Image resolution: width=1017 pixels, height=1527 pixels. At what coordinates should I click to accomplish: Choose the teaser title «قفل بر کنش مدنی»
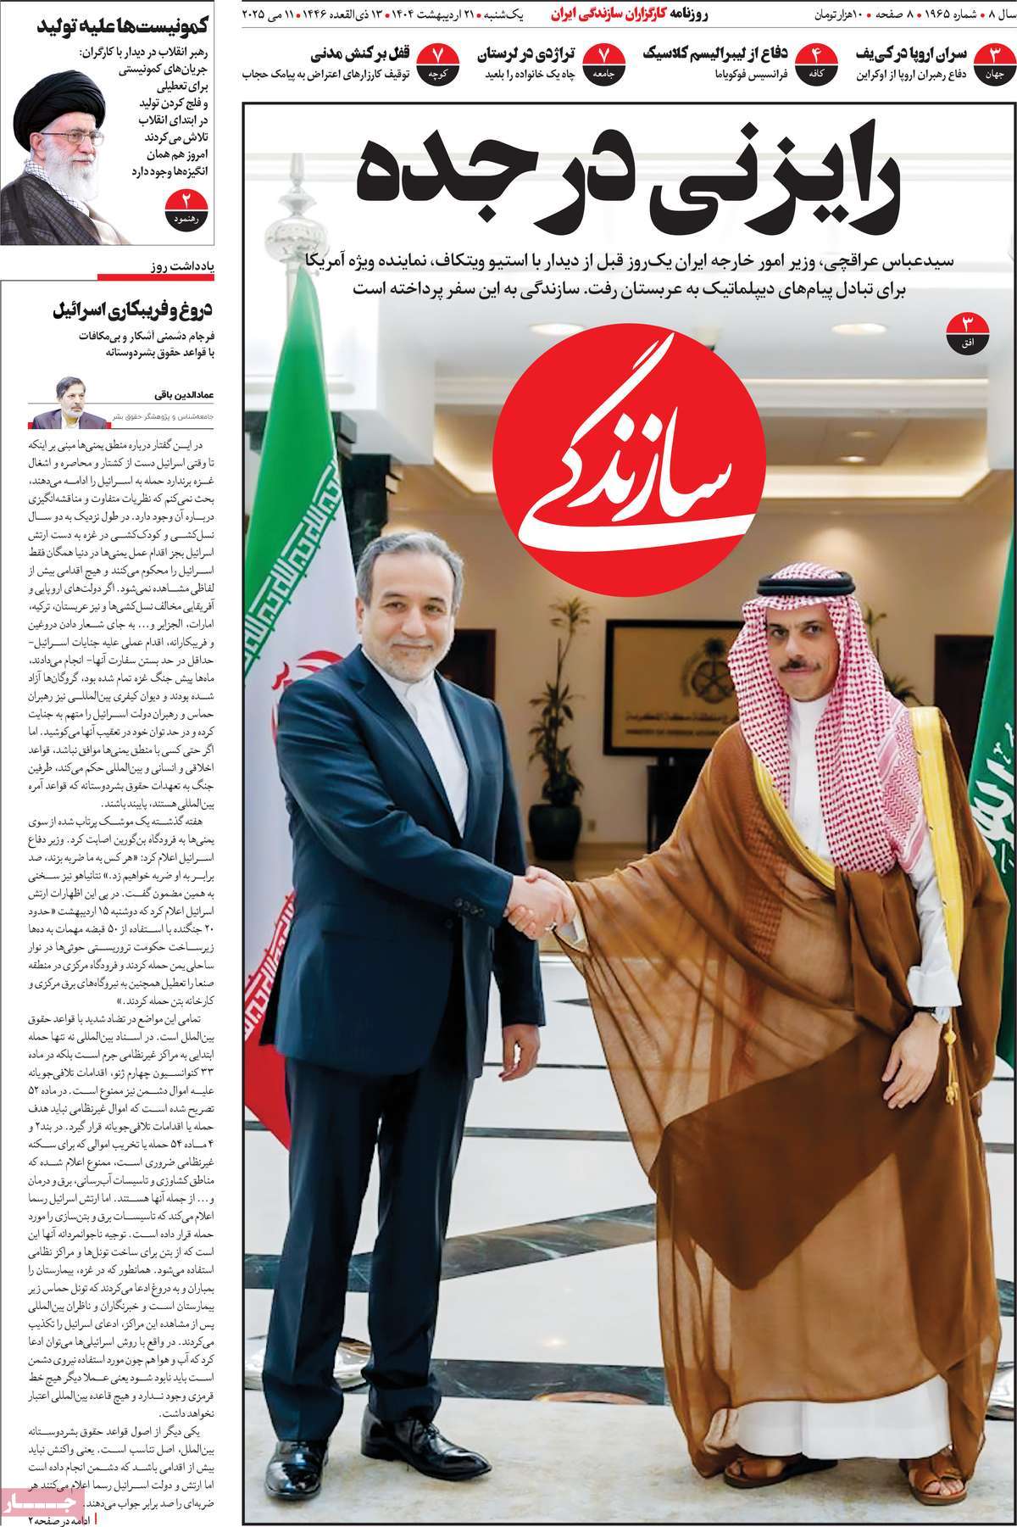coord(357,56)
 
